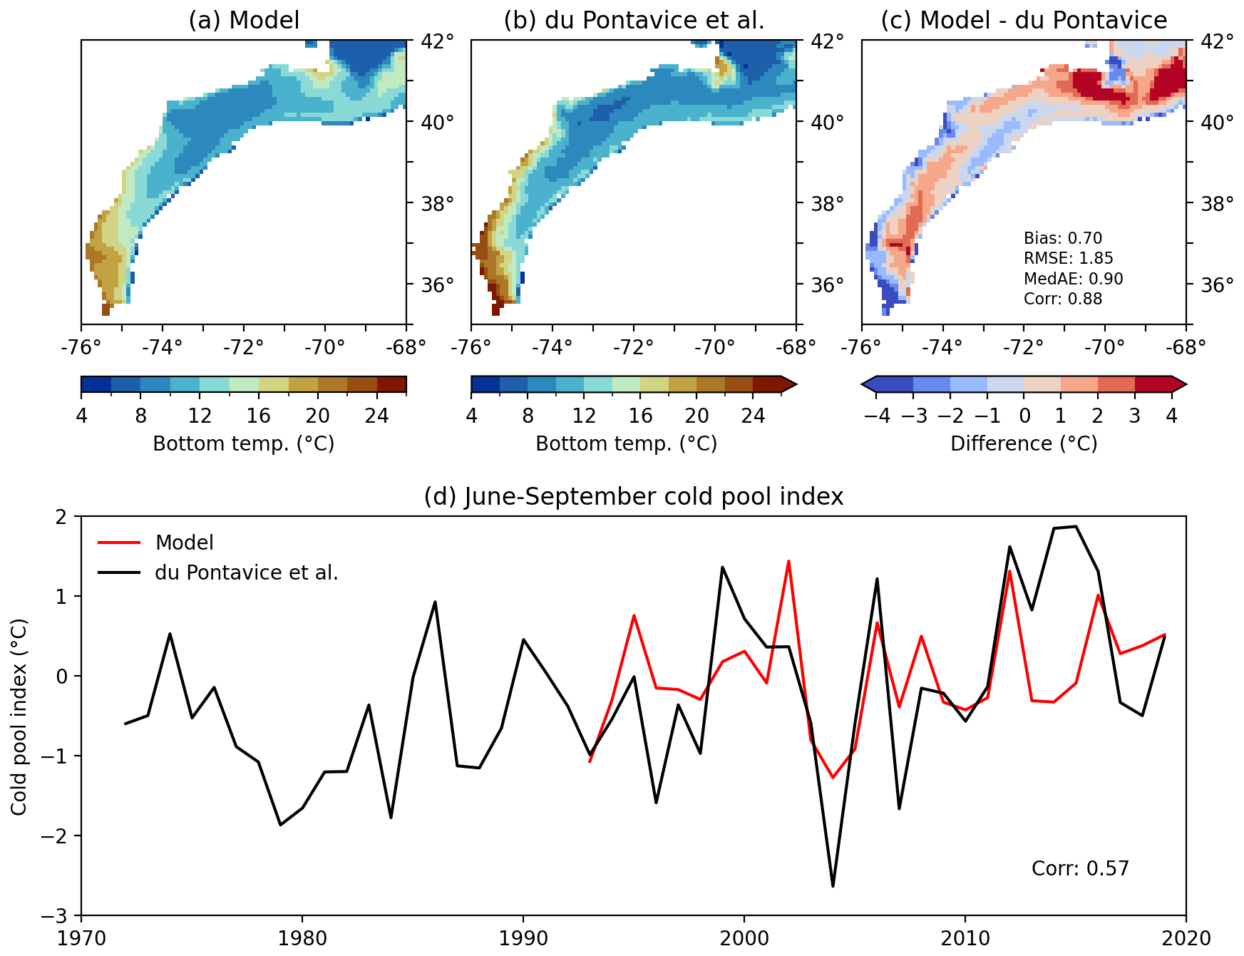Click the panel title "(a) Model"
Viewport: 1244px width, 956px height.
pos(244,20)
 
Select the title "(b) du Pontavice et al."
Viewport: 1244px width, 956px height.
pos(634,20)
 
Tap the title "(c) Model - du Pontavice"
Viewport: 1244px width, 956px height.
pos(1024,20)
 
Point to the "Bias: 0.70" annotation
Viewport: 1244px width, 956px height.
pos(1062,238)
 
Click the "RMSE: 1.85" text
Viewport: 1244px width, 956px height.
pos(1068,258)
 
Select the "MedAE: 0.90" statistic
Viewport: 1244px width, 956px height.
pos(1073,279)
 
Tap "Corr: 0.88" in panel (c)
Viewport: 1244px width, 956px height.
pos(1062,299)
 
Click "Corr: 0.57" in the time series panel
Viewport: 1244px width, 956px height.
pos(1080,868)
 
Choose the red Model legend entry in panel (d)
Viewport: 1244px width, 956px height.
pos(184,543)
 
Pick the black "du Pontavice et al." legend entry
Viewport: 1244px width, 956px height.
pos(246,572)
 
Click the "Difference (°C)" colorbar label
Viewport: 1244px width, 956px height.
pos(1024,443)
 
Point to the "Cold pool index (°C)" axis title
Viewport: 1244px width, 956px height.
pos(19,716)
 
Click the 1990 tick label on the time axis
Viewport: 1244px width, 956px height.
pos(523,938)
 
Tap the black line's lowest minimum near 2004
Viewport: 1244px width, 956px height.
pos(833,886)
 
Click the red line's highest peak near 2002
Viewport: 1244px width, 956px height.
pos(788,561)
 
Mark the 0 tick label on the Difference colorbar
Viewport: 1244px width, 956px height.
pos(1024,416)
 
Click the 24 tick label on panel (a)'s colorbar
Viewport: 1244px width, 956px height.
pos(376,416)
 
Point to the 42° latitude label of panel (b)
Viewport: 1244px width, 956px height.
pos(827,41)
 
